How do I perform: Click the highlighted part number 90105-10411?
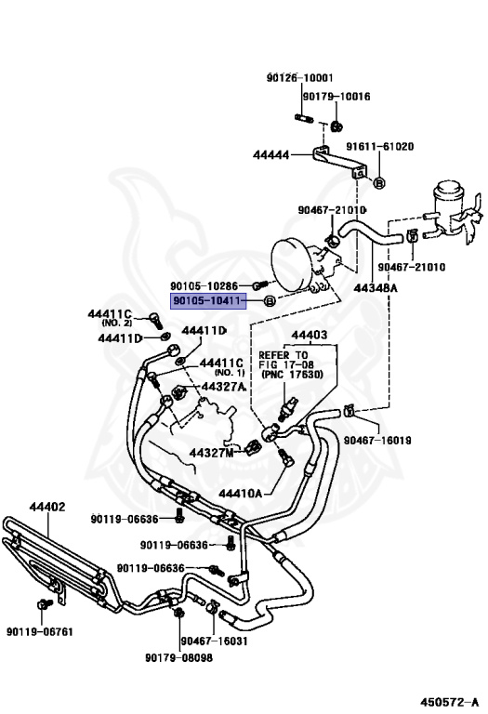pyautogui.click(x=208, y=301)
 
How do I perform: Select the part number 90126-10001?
pyautogui.click(x=299, y=78)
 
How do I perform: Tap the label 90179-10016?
pyautogui.click(x=336, y=97)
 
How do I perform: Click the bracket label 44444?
pyautogui.click(x=270, y=155)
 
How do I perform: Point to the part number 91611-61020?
pyautogui.click(x=379, y=147)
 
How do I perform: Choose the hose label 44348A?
pyautogui.click(x=376, y=288)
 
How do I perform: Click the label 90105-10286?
pyautogui.click(x=204, y=286)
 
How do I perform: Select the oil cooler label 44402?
pyautogui.click(x=47, y=507)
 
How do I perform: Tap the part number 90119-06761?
pyautogui.click(x=40, y=631)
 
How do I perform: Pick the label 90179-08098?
pyautogui.click(x=178, y=658)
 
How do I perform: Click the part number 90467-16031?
pyautogui.click(x=214, y=641)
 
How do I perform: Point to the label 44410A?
pyautogui.click(x=241, y=493)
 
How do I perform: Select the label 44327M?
pyautogui.click(x=211, y=453)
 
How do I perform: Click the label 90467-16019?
pyautogui.click(x=377, y=441)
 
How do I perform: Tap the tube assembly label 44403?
pyautogui.click(x=310, y=335)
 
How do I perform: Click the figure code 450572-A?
pyautogui.click(x=449, y=702)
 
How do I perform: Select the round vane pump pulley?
pyautogui.click(x=290, y=266)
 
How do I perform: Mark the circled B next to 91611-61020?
pyautogui.click(x=379, y=183)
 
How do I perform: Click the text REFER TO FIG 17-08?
pyautogui.click(x=284, y=360)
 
